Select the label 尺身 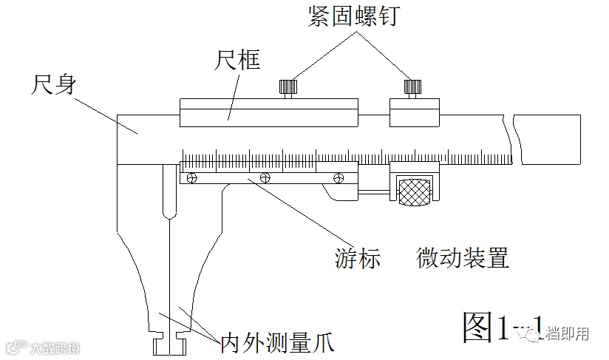coord(51,83)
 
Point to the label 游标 coord(356,259)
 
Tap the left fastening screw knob coord(288,88)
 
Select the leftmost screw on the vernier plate coord(192,177)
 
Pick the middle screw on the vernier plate coord(265,177)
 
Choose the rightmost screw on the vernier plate coord(339,177)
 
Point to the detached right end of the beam coord(548,138)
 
